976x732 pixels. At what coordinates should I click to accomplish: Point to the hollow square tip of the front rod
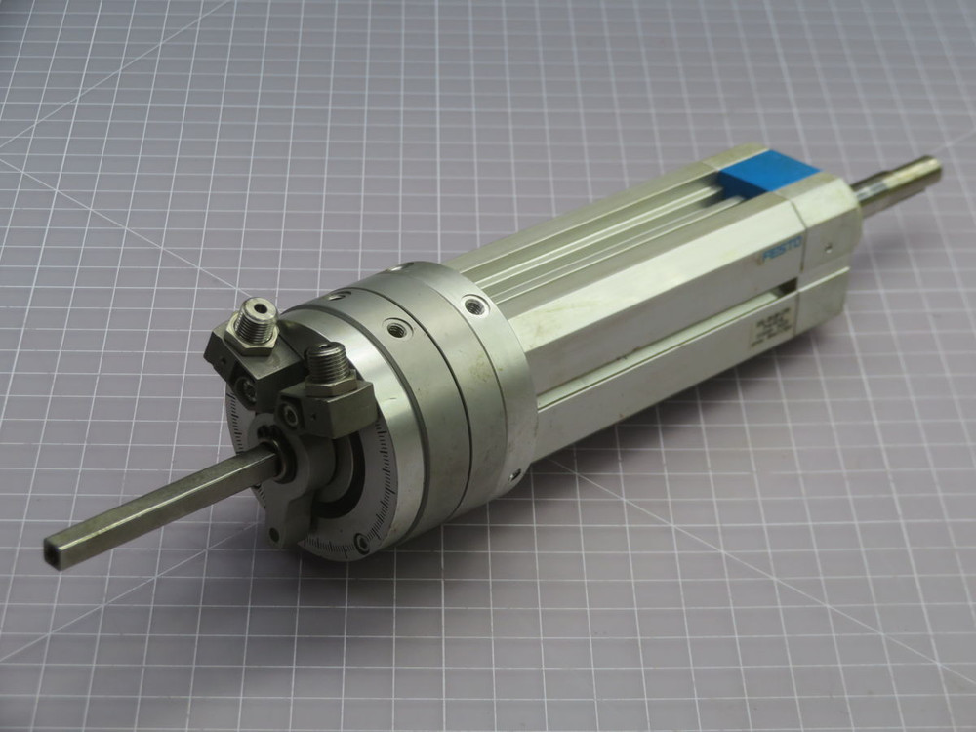click(55, 548)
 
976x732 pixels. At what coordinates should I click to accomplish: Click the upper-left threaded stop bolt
click(259, 314)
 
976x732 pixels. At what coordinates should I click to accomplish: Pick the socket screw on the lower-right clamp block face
click(293, 418)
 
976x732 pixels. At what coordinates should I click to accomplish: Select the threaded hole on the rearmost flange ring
click(473, 308)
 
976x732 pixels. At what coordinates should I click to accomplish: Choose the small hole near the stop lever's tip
click(274, 531)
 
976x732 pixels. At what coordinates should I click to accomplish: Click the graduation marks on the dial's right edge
click(386, 459)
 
